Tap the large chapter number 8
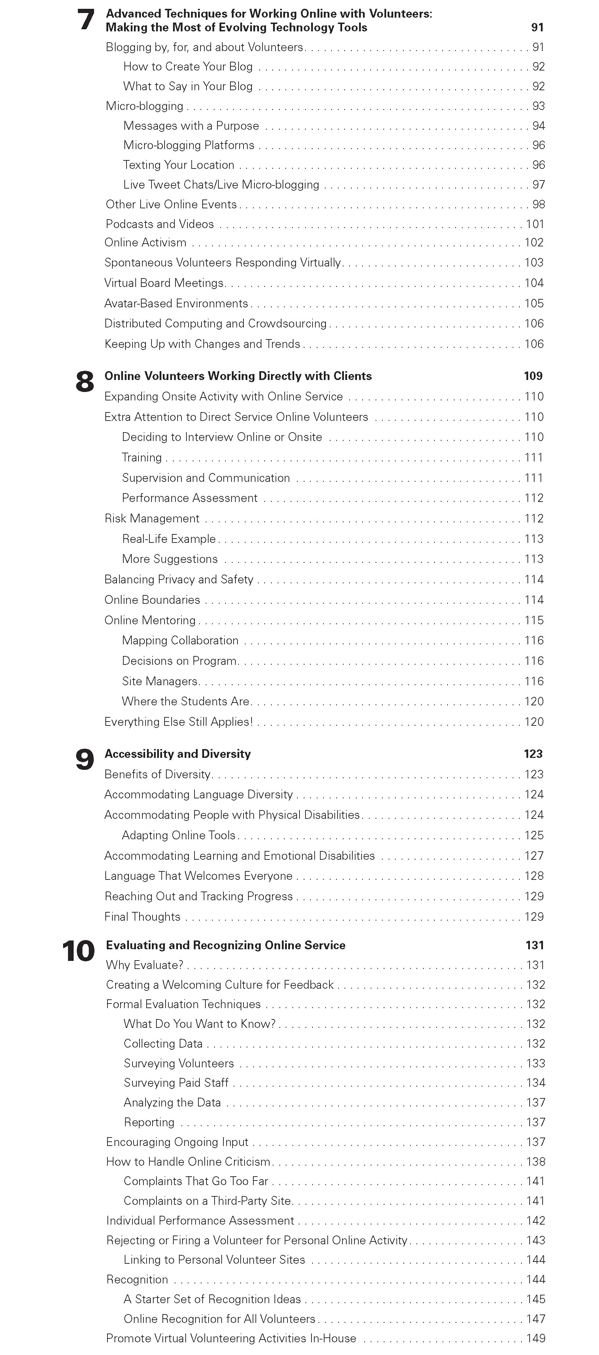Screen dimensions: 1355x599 tap(85, 381)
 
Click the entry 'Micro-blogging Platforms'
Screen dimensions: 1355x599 tap(189, 145)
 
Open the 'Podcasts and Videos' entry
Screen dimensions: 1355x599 tap(160, 224)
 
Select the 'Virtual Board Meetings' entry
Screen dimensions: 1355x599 tap(165, 283)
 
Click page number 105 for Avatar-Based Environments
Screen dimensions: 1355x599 tap(534, 304)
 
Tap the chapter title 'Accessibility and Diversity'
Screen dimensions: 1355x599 tap(178, 754)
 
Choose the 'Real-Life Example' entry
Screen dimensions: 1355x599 tap(169, 539)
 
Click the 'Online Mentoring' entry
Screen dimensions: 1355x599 tap(150, 620)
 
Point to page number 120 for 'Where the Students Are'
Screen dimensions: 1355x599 tap(534, 701)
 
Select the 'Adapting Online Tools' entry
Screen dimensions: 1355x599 tap(179, 835)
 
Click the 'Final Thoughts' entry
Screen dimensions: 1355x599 tap(142, 916)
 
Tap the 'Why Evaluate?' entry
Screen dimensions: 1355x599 tap(144, 965)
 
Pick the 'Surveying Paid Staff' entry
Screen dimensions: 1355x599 tap(176, 1083)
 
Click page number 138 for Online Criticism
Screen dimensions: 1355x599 tap(535, 1161)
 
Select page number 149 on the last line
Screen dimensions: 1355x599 tap(535, 1338)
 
